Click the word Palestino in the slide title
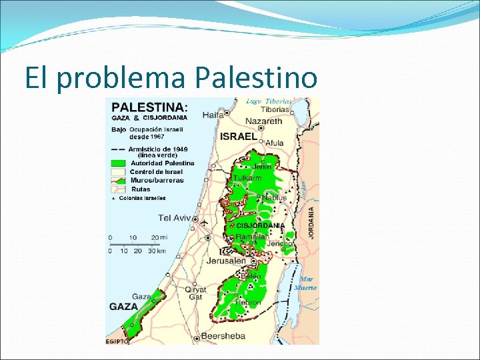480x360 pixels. pyautogui.click(x=256, y=78)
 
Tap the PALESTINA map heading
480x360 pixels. pyautogui.click(x=149, y=107)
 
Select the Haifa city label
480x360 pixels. pyautogui.click(x=213, y=115)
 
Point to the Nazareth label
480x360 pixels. pyautogui.click(x=265, y=121)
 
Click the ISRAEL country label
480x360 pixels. pyautogui.click(x=238, y=136)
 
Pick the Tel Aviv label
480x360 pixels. pyautogui.click(x=175, y=217)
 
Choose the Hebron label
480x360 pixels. pyautogui.click(x=247, y=303)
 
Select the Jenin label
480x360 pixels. pyautogui.click(x=261, y=167)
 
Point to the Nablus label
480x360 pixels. pyautogui.click(x=274, y=197)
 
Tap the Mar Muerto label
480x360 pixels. pyautogui.click(x=307, y=283)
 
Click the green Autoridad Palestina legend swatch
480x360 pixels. pyautogui.click(x=118, y=163)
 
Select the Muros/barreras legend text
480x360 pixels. pyautogui.click(x=157, y=180)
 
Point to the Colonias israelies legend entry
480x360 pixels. pyautogui.click(x=142, y=197)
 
